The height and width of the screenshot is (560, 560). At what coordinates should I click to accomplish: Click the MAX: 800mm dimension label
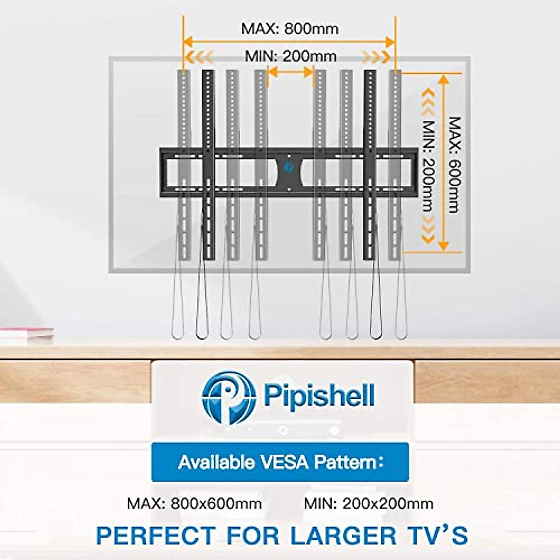tap(289, 28)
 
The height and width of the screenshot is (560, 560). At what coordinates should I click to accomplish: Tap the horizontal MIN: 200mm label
tap(291, 56)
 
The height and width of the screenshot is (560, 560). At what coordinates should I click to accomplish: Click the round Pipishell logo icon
tap(229, 397)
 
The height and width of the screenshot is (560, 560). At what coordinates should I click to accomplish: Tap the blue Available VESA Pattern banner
tap(280, 462)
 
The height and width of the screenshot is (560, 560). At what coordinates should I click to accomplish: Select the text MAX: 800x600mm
tap(194, 504)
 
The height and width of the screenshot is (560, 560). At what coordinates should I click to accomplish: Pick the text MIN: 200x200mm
tap(369, 504)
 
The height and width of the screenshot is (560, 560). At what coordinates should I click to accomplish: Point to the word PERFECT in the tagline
tap(156, 535)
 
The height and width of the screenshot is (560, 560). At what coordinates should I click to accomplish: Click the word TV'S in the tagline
tap(439, 535)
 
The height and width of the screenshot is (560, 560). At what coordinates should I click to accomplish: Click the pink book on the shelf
tap(27, 333)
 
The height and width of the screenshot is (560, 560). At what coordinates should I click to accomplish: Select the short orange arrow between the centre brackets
tap(290, 72)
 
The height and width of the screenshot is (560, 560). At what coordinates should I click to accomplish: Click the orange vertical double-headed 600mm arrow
tap(443, 163)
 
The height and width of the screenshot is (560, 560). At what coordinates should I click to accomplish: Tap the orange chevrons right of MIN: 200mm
tap(376, 57)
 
